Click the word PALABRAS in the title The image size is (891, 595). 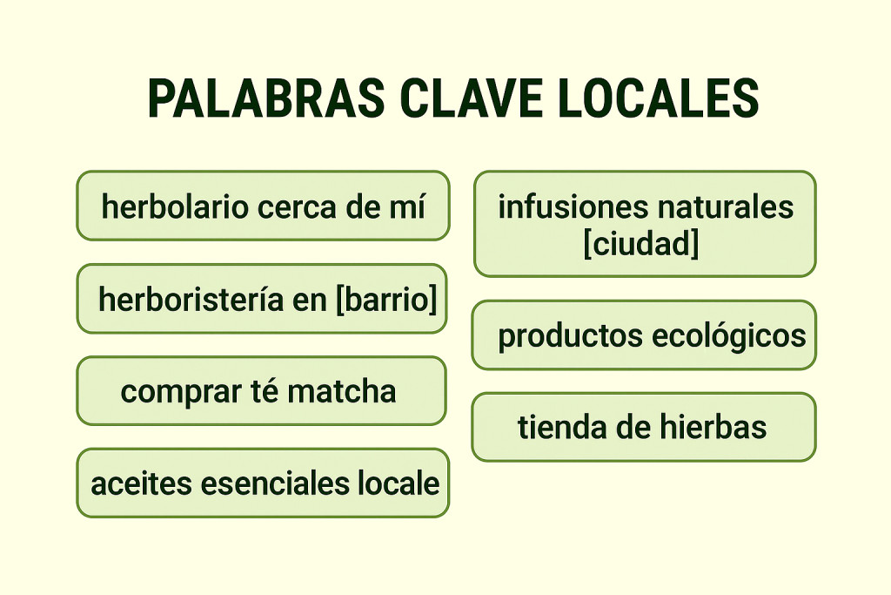pos(265,98)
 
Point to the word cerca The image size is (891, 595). pos(293,207)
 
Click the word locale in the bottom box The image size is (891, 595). pos(404,483)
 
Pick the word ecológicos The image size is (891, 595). pos(726,336)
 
